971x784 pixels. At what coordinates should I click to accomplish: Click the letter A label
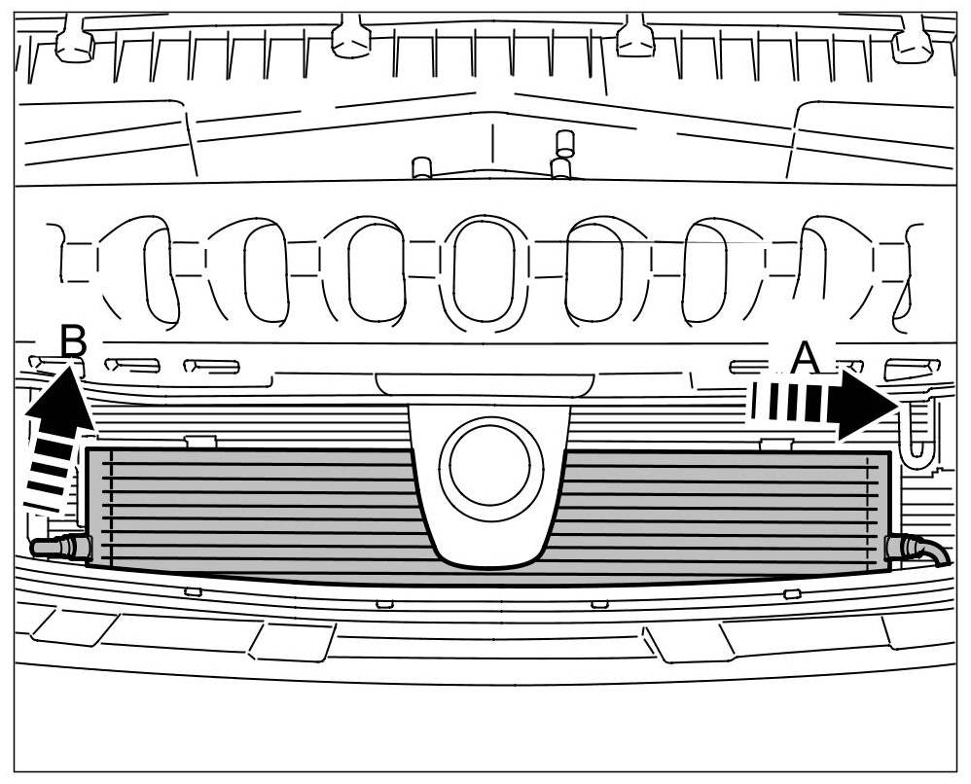[x=805, y=358]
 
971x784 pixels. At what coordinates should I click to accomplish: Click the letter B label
[x=73, y=341]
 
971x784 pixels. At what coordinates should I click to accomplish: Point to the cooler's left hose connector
[x=58, y=548]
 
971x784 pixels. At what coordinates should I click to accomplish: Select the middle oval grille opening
[x=484, y=269]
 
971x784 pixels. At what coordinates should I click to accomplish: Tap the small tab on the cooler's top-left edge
[x=199, y=442]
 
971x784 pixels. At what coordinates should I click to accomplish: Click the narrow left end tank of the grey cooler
[x=100, y=507]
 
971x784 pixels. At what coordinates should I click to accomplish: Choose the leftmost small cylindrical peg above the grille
[x=422, y=167]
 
